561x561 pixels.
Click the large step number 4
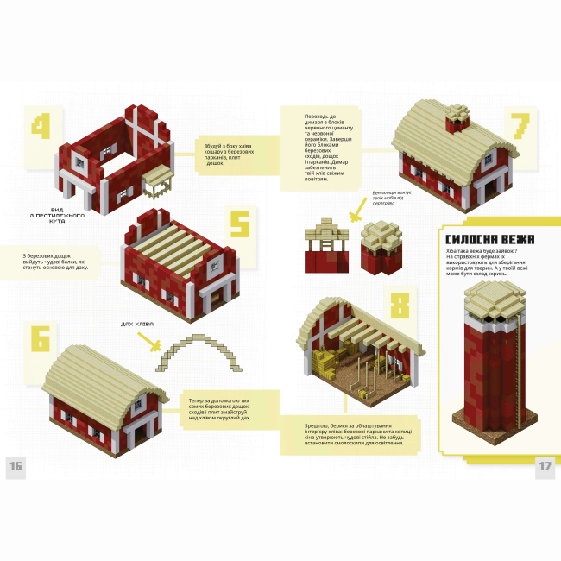[41, 127]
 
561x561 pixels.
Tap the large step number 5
[239, 227]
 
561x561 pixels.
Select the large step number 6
[41, 336]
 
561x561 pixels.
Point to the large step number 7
[519, 127]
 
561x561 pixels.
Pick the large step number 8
[399, 306]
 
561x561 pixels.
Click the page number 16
[16, 467]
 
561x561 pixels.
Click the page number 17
[545, 467]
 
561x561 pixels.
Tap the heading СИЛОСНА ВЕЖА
[489, 239]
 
